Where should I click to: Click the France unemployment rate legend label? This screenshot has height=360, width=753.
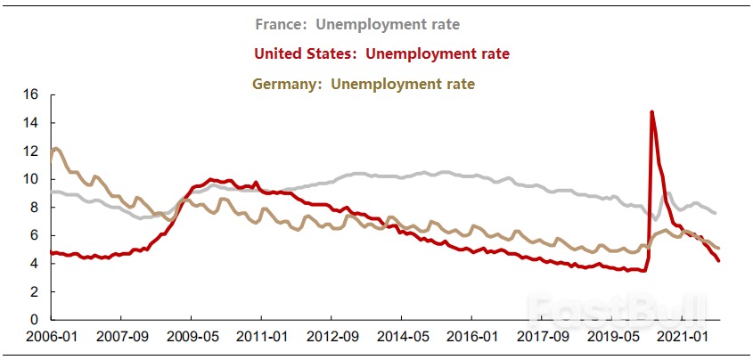click(x=356, y=24)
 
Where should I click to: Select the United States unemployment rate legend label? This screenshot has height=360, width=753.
click(x=381, y=53)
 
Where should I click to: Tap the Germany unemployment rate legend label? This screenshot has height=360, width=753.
click(x=363, y=84)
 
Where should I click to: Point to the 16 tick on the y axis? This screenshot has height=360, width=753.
click(x=31, y=94)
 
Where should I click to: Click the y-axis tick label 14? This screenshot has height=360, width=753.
click(x=31, y=122)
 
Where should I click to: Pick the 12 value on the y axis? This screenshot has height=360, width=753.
click(x=31, y=151)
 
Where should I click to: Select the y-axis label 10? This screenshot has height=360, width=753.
click(x=31, y=179)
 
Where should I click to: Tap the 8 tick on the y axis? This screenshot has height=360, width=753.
click(x=35, y=207)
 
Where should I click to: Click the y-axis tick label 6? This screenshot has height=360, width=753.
click(x=35, y=235)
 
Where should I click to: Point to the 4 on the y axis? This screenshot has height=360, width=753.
click(x=35, y=264)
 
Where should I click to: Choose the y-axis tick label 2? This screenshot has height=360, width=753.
click(x=35, y=291)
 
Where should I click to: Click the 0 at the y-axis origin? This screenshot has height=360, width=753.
click(x=35, y=320)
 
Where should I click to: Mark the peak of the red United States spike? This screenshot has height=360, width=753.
click(x=652, y=112)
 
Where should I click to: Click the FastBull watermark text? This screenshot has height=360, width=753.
click(x=615, y=307)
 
